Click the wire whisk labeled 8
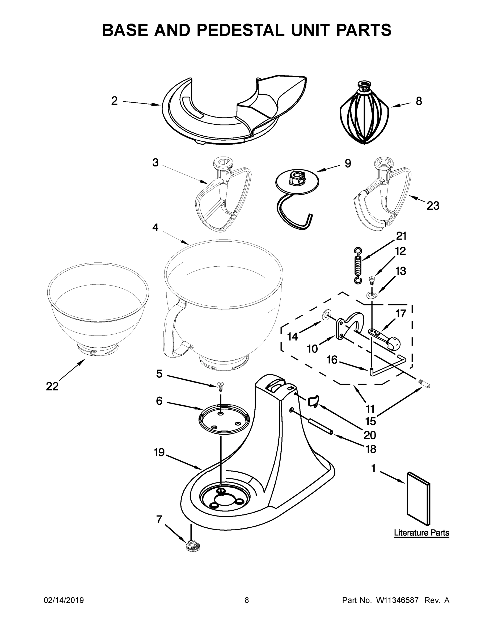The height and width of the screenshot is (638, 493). [364, 115]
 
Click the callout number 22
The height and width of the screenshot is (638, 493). [52, 387]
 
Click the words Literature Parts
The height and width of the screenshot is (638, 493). [421, 532]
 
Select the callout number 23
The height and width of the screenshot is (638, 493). [433, 206]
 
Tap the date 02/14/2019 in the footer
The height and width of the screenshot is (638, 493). [64, 600]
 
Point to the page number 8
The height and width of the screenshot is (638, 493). [247, 600]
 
